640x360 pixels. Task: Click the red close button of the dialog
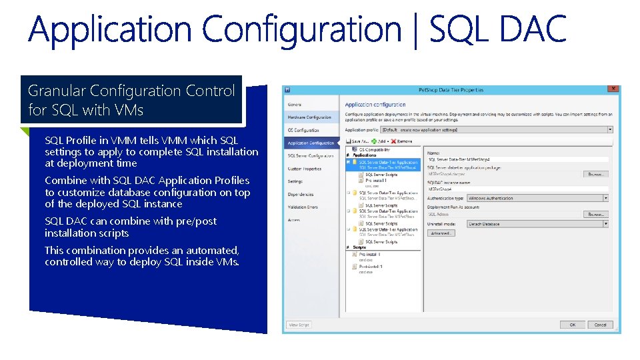[613, 89]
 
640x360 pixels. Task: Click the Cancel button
[600, 325]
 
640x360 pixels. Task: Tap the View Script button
[299, 325]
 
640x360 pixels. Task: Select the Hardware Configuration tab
[309, 117]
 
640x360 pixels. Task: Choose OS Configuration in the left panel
[303, 130]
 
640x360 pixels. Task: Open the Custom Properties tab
[305, 169]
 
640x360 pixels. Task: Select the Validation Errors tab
[303, 207]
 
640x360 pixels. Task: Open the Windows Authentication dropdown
[537, 198]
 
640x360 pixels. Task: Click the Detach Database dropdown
[537, 224]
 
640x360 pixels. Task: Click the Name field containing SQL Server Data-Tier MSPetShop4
[517, 160]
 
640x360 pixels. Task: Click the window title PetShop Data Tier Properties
[451, 89]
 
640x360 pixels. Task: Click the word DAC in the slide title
[531, 29]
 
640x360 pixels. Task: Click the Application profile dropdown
[497, 130]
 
